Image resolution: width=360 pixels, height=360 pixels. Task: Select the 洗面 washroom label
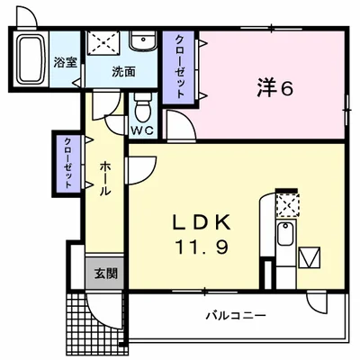(x=123, y=71)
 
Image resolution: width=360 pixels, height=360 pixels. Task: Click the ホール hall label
(x=104, y=178)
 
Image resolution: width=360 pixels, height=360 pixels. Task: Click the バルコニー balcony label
(x=234, y=316)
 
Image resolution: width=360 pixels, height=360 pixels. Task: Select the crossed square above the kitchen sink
(x=286, y=206)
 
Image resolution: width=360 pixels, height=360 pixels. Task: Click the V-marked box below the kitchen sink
(x=310, y=258)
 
